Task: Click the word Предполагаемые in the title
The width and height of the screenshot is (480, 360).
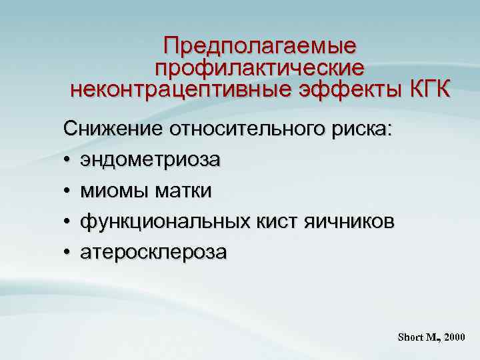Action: [260, 46]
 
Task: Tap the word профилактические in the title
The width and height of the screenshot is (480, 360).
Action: [260, 67]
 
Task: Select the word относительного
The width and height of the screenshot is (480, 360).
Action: [253, 129]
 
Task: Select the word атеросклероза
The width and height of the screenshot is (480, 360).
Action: [154, 252]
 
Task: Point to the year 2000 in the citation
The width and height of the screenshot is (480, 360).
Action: [453, 337]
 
